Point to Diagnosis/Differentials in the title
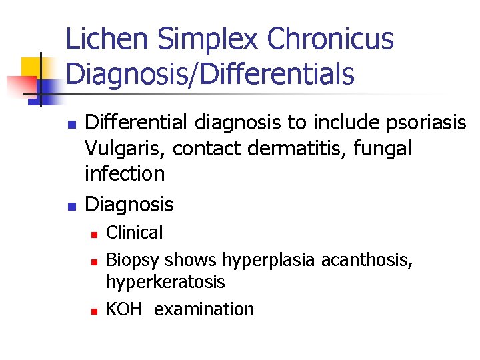211,74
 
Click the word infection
125,173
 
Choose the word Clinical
135,233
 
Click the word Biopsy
133,259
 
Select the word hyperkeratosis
166,282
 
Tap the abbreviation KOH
125,309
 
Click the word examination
204,309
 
